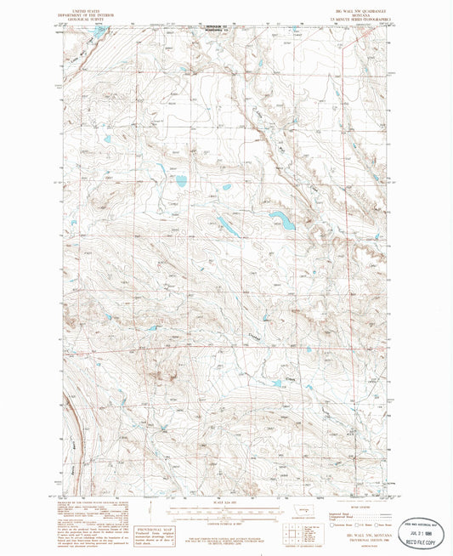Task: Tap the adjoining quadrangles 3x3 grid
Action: coord(295,532)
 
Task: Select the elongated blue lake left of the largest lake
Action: coord(226,225)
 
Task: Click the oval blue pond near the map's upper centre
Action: coord(181,180)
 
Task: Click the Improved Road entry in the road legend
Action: coord(340,507)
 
